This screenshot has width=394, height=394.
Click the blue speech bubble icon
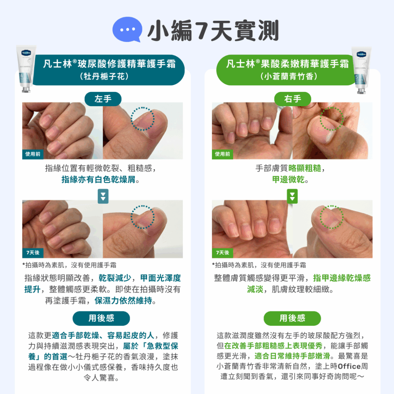pyautogui.click(x=127, y=29)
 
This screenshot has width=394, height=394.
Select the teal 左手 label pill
pyautogui.click(x=103, y=99)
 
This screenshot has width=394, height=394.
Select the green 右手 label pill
pyautogui.click(x=292, y=99)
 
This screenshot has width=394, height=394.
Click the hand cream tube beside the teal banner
pyautogui.click(x=26, y=69)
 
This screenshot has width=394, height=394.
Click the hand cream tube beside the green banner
pyautogui.click(x=361, y=70)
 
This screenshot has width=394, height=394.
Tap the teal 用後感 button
pyautogui.click(x=101, y=318)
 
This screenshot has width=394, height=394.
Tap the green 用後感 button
pyautogui.click(x=292, y=318)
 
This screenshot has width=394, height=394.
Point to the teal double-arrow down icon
pyautogui.click(x=103, y=196)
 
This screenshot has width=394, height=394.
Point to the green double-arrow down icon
pyautogui.click(x=292, y=196)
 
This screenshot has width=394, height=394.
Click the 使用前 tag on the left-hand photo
pyautogui.click(x=33, y=154)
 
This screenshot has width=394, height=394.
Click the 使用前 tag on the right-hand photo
pyautogui.click(x=222, y=154)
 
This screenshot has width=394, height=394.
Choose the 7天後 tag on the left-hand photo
pyautogui.click(x=33, y=252)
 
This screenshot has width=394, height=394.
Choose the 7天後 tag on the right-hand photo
pyautogui.click(x=222, y=252)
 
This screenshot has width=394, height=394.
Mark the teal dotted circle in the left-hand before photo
pyautogui.click(x=142, y=107)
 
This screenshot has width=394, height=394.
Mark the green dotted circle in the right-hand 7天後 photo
pyautogui.click(x=332, y=206)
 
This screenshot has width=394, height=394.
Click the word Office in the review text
pyautogui.click(x=349, y=366)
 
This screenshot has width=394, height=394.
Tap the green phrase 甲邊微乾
pyautogui.click(x=288, y=179)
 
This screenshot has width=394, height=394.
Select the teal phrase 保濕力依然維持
pyautogui.click(x=123, y=301)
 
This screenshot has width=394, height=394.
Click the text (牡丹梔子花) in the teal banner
pyautogui.click(x=104, y=76)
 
